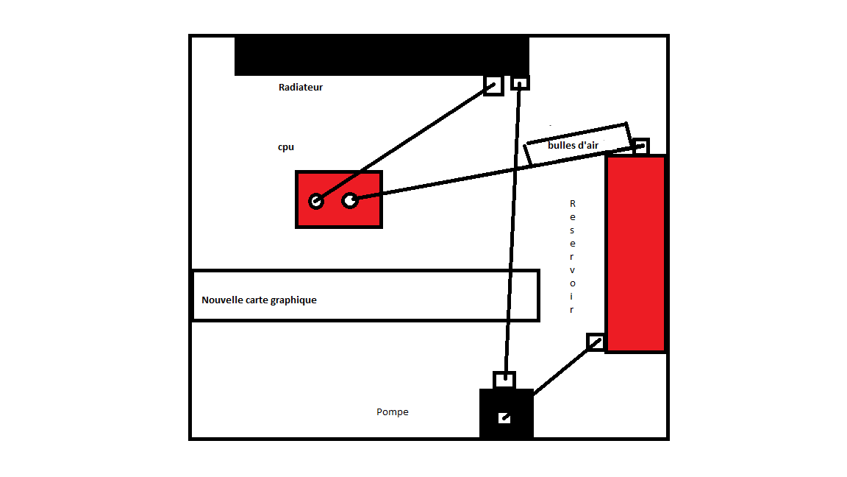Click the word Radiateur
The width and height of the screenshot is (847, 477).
point(300,87)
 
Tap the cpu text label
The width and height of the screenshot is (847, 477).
point(286,147)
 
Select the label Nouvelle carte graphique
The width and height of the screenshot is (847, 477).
point(260,300)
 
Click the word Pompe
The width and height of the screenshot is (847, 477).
point(392,411)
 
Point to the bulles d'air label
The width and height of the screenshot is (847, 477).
point(573,145)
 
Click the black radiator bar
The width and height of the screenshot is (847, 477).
point(382,55)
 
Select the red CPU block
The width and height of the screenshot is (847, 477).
point(339,199)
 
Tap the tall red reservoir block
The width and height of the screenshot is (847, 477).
point(636,254)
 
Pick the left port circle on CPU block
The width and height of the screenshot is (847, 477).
point(316,201)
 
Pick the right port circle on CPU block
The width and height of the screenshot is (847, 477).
point(350,201)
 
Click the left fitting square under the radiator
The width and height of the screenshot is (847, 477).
point(494,85)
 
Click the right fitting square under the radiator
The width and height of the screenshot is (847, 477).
point(521,82)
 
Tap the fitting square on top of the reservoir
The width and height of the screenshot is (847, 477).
point(641,146)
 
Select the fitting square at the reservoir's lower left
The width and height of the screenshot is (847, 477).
point(596,342)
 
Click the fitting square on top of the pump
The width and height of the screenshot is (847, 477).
point(504,380)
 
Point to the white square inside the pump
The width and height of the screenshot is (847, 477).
point(504,418)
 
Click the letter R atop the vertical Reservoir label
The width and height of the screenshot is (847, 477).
point(573,203)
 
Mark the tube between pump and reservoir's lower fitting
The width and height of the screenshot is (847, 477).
point(565,369)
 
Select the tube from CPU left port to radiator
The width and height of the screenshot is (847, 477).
point(405,143)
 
